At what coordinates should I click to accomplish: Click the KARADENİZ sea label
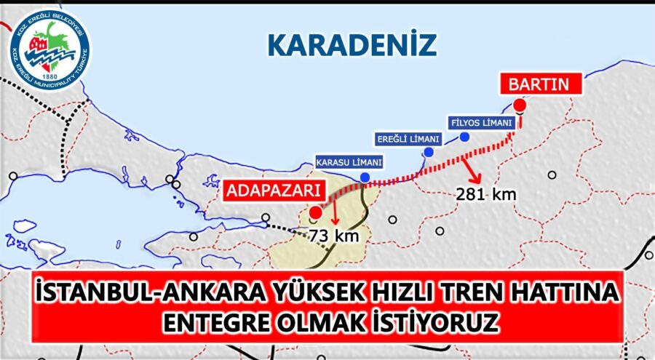[x=352, y=44]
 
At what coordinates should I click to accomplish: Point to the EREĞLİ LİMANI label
[x=408, y=138]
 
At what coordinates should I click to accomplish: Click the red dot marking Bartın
[x=519, y=106]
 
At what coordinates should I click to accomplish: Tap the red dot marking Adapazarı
[x=314, y=213]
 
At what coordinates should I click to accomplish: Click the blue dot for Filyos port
[x=464, y=136]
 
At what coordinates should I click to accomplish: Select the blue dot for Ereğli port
[x=429, y=152]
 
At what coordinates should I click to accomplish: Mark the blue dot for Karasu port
[x=364, y=177]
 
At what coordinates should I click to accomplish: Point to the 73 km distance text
[x=330, y=235]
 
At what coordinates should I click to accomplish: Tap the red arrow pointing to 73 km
[x=336, y=215]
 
